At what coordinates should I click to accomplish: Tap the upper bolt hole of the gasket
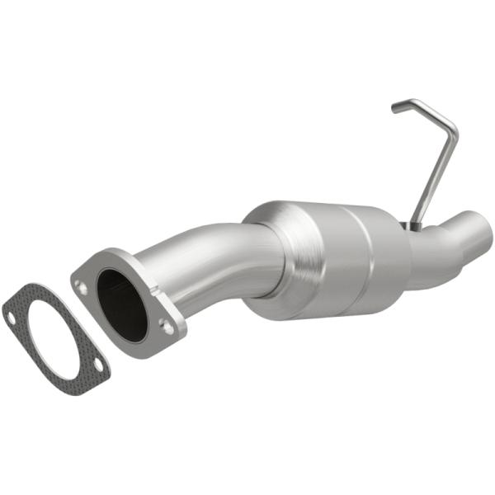tap(12, 313)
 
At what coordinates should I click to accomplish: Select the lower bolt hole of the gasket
tap(98, 363)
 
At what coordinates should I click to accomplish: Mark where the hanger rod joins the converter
tap(413, 224)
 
